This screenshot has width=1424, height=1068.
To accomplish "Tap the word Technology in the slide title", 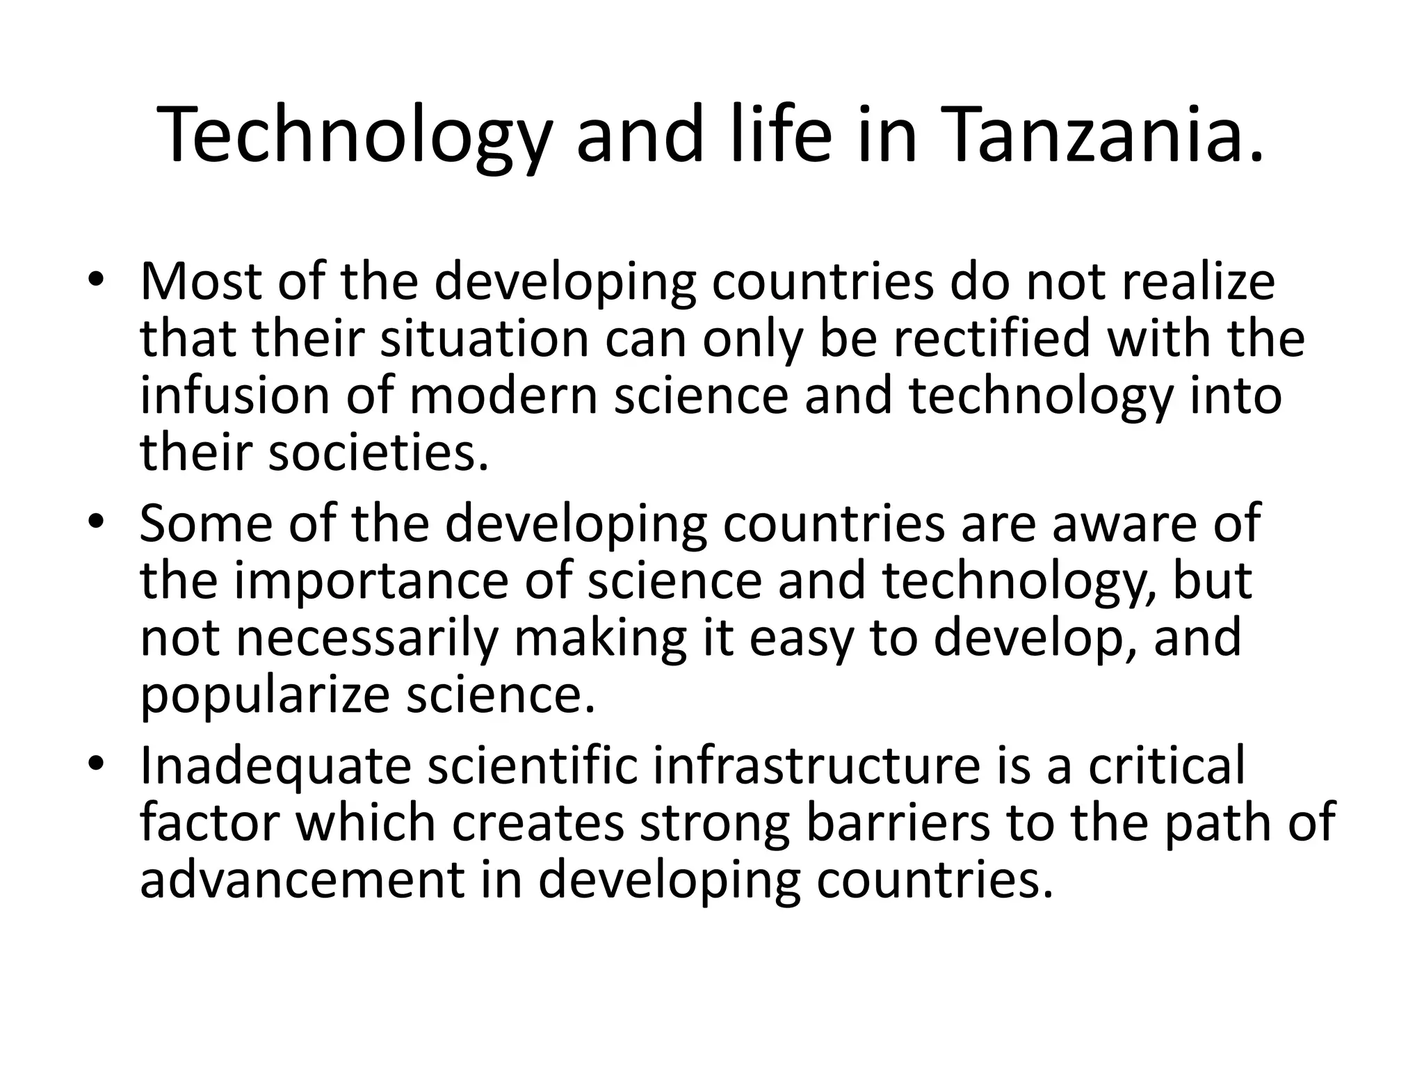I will [354, 135].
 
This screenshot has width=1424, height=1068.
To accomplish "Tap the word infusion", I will [236, 396].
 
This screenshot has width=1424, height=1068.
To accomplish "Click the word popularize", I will [264, 695].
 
